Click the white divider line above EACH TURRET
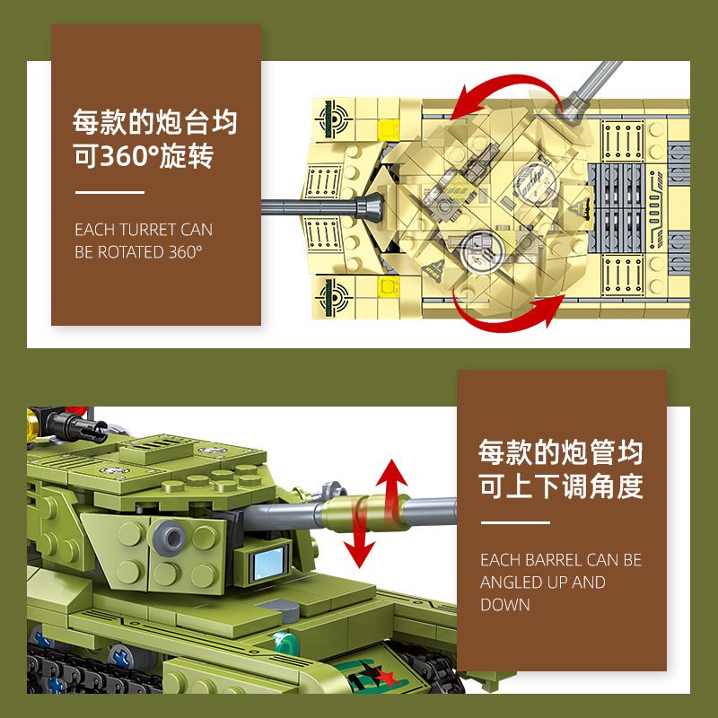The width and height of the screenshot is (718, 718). coord(109,192)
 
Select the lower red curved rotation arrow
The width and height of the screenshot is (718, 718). coord(512,317)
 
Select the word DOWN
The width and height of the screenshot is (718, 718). coord(505,605)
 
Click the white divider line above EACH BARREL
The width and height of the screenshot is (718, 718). coord(515,522)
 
